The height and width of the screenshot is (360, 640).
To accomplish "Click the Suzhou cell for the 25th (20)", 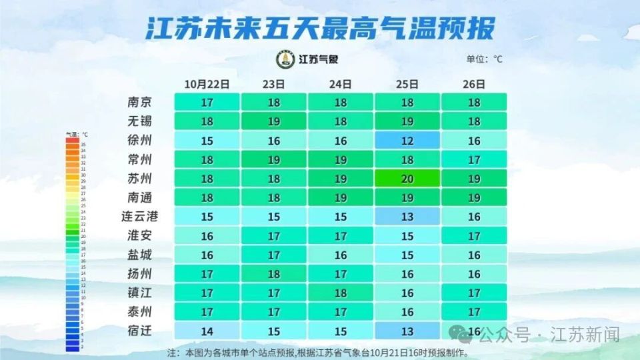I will tap(407, 179).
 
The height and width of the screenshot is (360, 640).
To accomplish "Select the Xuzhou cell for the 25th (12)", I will tap(407, 141).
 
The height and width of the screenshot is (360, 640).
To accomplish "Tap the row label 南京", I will tap(139, 103).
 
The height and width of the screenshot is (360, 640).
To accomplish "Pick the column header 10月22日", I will tap(207, 84).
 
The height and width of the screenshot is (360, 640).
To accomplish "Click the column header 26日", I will tap(473, 84).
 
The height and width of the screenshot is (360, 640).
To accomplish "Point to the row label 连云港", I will tap(139, 217).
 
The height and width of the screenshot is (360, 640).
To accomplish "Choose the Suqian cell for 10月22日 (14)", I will tap(207, 331).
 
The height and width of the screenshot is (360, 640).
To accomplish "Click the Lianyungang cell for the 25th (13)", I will tap(407, 217).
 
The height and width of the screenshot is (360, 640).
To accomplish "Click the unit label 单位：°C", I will tap(485, 59).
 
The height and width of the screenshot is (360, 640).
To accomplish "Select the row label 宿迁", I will tap(139, 331).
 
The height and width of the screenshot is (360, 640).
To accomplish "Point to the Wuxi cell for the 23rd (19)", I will tap(273, 121).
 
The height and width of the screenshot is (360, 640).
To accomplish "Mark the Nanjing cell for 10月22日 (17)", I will tap(207, 103).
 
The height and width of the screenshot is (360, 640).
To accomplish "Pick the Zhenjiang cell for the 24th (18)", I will tap(341, 293).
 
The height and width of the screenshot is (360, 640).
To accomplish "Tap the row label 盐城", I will tap(139, 255).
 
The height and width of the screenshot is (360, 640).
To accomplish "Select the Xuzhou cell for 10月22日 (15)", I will tap(207, 141).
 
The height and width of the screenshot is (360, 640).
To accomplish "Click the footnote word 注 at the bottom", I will tap(171, 352).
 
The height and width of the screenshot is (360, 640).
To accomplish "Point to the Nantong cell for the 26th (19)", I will tap(473, 197).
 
